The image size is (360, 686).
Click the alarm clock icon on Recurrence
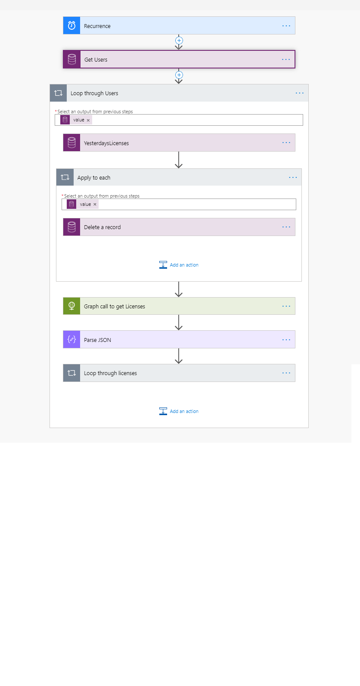click(71, 25)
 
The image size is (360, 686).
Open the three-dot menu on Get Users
click(286, 59)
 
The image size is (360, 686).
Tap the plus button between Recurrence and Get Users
click(179, 40)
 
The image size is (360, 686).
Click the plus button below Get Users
click(179, 75)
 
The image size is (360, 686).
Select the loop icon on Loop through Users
click(58, 93)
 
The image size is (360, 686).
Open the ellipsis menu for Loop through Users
click(300, 93)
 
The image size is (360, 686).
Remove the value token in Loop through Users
click(88, 120)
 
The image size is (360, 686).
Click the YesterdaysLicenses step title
click(106, 143)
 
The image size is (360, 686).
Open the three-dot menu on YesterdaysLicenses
click(286, 143)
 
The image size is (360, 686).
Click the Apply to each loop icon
click(65, 177)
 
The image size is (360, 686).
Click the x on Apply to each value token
click(95, 204)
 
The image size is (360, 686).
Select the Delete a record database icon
click(71, 227)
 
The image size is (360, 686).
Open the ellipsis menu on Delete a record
click(286, 227)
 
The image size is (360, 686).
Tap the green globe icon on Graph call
click(71, 306)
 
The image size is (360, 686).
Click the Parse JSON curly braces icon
click(71, 339)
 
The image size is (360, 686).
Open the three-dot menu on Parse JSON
click(286, 340)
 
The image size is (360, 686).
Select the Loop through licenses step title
click(110, 373)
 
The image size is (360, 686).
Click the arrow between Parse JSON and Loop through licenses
click(179, 356)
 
